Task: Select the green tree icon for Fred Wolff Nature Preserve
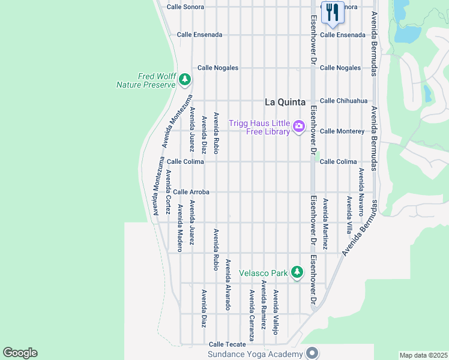point(185,79)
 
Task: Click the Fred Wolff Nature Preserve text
point(146,80)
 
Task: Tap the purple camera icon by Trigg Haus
point(298,126)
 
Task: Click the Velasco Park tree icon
point(297,272)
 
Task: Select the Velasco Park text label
point(262,273)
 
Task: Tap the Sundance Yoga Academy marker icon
point(312,353)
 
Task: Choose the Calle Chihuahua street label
point(343,101)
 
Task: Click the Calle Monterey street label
point(342,131)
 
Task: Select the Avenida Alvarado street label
point(228,284)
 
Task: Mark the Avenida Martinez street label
point(325,224)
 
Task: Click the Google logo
point(20,353)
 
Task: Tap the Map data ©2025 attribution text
point(423,355)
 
